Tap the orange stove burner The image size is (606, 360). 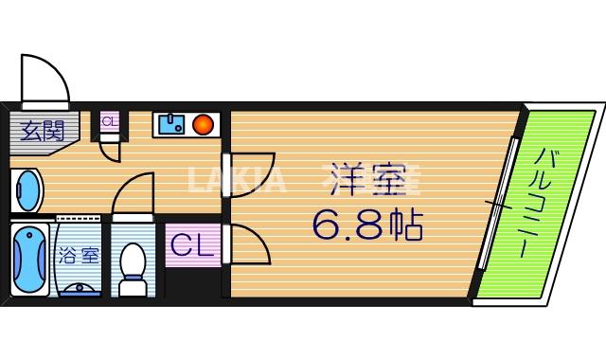point(202,124)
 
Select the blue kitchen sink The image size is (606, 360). point(171,124)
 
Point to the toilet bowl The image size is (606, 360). point(133,265)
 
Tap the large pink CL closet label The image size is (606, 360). point(191,246)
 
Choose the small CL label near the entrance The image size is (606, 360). point(109,121)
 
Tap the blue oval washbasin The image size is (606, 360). point(27,192)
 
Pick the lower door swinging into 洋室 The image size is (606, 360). point(248,246)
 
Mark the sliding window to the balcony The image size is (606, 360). point(500,203)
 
